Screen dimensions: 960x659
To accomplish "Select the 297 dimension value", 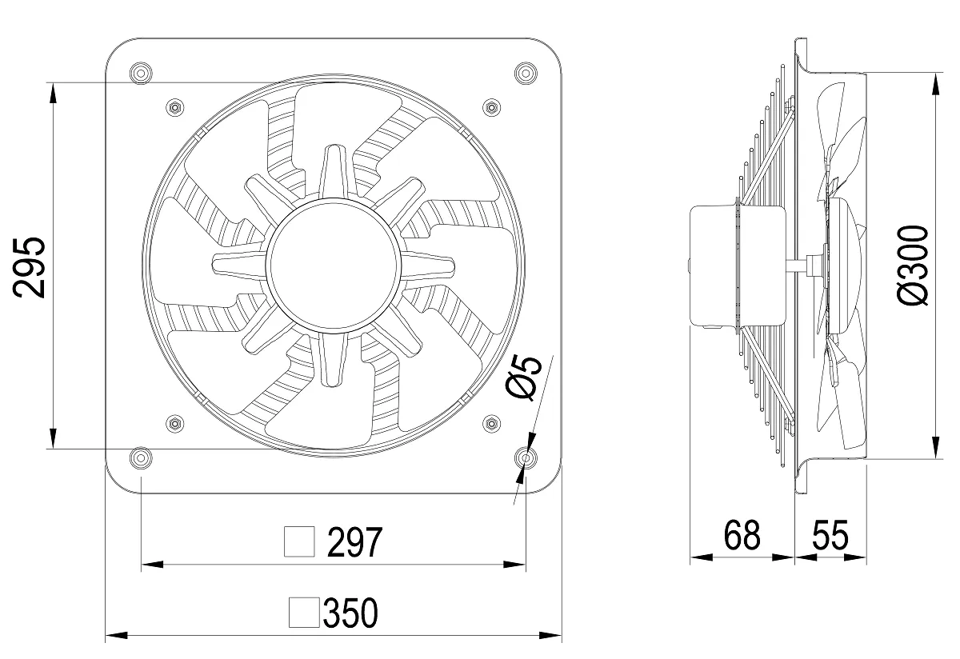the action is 354,542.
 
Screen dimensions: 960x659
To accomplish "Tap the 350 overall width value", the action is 350,613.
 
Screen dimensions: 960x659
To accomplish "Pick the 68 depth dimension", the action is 742,535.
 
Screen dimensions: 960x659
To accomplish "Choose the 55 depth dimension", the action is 830,535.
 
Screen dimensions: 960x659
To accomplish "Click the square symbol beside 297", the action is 299,542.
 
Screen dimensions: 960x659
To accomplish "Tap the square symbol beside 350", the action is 304,613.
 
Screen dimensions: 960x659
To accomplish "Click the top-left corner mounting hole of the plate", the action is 141,74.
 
